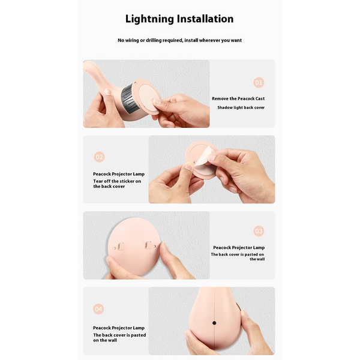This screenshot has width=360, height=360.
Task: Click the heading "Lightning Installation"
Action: (179, 19)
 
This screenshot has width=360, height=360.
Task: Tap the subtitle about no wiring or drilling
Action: (179, 40)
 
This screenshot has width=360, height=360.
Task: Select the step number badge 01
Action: (259, 83)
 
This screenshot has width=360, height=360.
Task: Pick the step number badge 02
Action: (99, 157)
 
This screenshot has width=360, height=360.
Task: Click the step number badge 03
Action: (259, 231)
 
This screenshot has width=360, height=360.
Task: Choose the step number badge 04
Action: (98, 309)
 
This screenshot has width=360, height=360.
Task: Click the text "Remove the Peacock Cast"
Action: (238, 99)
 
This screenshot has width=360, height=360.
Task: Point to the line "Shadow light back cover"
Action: (241, 107)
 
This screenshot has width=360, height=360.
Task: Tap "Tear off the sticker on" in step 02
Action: (117, 181)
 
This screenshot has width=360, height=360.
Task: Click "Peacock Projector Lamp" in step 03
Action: (239, 247)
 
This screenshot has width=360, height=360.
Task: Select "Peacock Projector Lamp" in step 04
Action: (119, 328)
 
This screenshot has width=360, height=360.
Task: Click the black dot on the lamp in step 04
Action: (214, 323)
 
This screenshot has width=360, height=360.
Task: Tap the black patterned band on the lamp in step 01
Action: (128, 100)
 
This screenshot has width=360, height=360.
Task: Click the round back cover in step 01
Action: (148, 97)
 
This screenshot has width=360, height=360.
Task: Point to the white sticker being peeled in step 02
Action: (205, 156)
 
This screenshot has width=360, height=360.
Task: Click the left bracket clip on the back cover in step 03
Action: (121, 247)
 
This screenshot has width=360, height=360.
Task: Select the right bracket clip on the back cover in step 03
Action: (148, 245)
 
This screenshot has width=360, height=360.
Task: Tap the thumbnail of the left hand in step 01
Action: (107, 92)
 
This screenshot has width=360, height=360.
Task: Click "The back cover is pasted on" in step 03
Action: (237, 254)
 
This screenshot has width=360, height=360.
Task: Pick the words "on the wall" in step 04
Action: (105, 340)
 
